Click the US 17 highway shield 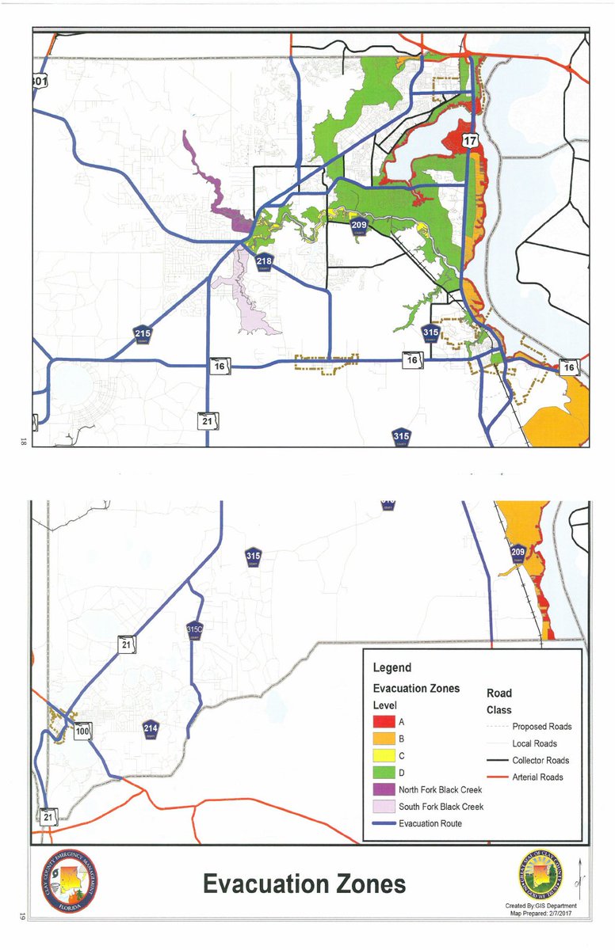click(x=471, y=140)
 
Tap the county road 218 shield click(x=264, y=261)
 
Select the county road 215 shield click(x=142, y=335)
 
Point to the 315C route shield click(x=195, y=630)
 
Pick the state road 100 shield click(x=82, y=731)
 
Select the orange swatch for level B click(x=384, y=739)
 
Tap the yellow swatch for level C click(x=384, y=755)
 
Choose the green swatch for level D click(x=384, y=772)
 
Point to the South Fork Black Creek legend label click(x=441, y=806)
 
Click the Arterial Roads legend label click(x=539, y=777)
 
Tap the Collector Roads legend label click(x=541, y=760)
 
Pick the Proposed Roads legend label click(x=541, y=726)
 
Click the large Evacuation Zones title click(x=304, y=883)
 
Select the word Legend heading click(x=392, y=667)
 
